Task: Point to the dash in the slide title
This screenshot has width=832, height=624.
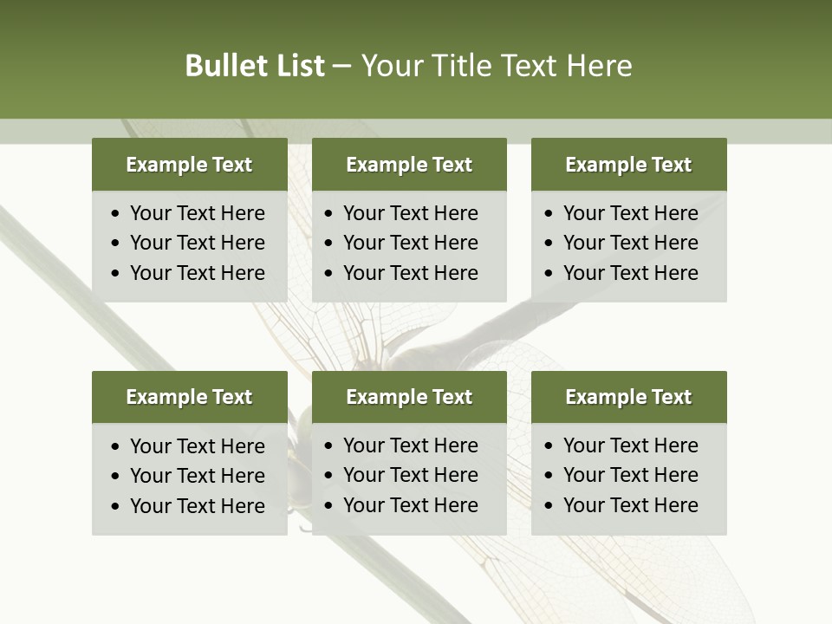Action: pos(341,67)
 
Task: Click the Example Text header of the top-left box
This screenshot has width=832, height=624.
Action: pos(189,165)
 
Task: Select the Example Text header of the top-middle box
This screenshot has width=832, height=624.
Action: pos(409,165)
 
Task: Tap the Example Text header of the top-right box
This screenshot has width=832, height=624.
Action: pos(628,165)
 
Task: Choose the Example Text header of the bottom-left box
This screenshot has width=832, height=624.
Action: pos(189,397)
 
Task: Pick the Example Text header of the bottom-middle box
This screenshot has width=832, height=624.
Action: pos(409,397)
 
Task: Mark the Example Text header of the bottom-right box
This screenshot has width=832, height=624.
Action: pos(628,397)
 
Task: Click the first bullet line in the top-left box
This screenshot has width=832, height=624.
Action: pos(197,213)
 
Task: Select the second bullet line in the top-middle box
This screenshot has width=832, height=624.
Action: pos(410,243)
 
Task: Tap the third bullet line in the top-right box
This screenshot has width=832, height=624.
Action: pos(630,273)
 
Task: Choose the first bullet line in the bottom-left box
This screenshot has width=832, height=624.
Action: pos(197,446)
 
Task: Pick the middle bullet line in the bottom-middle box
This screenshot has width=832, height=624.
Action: pos(410,475)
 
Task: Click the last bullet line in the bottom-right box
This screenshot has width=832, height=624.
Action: pos(630,505)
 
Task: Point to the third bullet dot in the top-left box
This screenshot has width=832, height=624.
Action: pos(116,273)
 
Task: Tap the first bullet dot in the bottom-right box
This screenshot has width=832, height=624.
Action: pos(549,446)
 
